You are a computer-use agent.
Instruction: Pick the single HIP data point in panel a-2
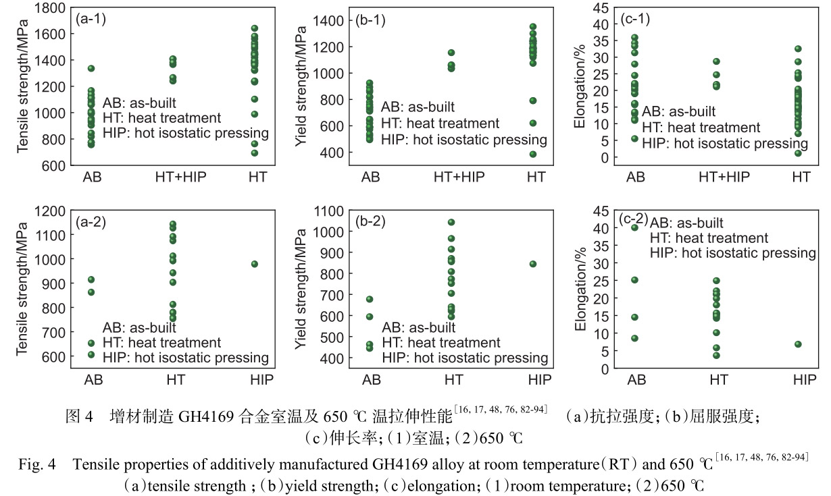[x=255, y=264]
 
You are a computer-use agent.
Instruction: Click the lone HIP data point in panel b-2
[x=532, y=264]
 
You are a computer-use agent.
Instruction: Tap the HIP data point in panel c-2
[x=798, y=344]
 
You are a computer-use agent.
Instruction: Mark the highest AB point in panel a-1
[x=91, y=68]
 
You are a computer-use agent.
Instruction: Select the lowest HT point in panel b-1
[x=532, y=154]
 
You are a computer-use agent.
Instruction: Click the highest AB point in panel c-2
[x=634, y=227]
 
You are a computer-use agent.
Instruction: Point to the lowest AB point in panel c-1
[x=634, y=138]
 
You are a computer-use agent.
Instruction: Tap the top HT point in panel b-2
[x=451, y=222]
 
